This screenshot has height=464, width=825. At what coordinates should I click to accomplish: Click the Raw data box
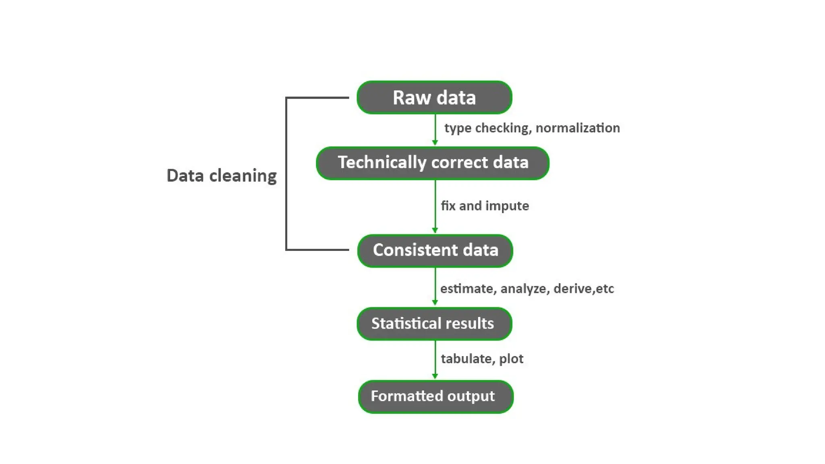pos(434,97)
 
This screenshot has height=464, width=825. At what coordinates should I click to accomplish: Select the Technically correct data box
pos(433,163)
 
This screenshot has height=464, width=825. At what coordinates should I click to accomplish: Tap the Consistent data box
pos(435,251)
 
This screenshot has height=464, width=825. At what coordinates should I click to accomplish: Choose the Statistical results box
pos(434,324)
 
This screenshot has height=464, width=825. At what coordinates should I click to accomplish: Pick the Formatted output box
pos(435,397)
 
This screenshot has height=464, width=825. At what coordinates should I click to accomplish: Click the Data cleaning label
pos(222,176)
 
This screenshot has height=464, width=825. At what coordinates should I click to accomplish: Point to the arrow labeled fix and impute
pos(435,206)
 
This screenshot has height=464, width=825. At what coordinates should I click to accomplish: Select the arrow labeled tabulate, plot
pos(435,360)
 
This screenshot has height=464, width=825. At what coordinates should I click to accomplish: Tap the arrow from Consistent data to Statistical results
pos(435,286)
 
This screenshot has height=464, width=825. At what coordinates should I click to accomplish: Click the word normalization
pos(578,128)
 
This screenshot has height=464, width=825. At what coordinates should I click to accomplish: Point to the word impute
pos(507,206)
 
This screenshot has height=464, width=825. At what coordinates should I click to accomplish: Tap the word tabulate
pos(466,359)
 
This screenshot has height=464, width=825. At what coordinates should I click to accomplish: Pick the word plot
pos(511,359)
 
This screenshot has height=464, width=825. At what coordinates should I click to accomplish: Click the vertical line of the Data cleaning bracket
pos(286,173)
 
